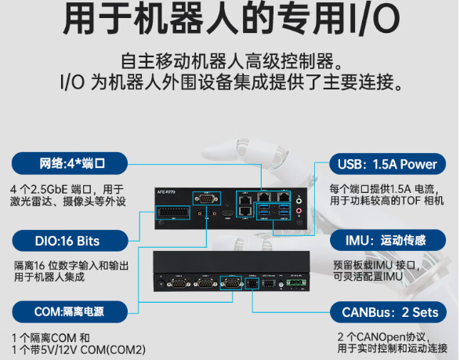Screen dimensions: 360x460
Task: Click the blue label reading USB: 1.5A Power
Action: [386, 164]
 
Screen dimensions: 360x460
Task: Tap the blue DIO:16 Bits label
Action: [71, 240]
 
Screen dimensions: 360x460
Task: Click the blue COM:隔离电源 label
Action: [71, 312]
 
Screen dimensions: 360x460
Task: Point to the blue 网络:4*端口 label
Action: [71, 164]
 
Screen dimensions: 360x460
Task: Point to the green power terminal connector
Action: [296, 286]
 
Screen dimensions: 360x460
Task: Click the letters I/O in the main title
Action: [368, 20]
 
